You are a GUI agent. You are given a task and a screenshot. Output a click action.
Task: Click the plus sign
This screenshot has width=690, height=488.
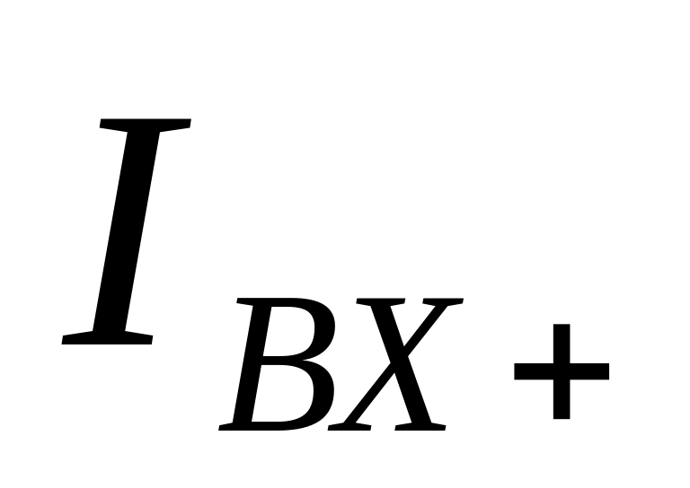tap(562, 371)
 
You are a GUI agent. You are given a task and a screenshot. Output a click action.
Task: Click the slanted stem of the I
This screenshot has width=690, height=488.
tap(126, 231)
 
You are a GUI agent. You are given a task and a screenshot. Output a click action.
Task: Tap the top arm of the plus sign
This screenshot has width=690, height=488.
tap(562, 341)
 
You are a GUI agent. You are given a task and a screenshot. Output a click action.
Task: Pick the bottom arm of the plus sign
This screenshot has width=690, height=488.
tap(562, 402)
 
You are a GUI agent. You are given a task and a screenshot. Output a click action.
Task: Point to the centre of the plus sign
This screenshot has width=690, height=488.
tap(562, 371)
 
